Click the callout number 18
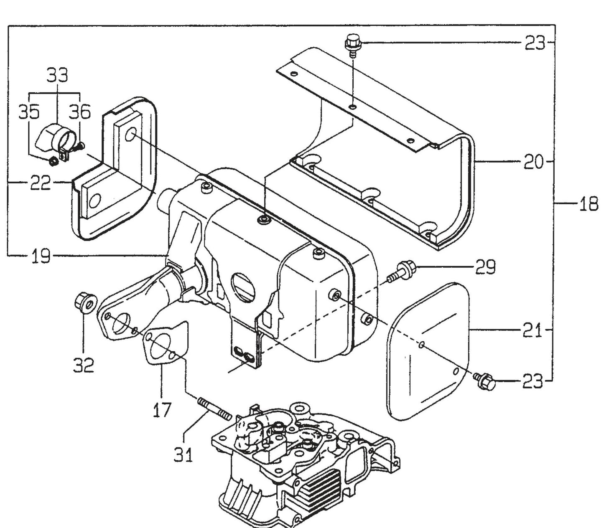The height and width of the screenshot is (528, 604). pyautogui.click(x=588, y=205)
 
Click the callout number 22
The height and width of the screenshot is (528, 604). pyautogui.click(x=41, y=183)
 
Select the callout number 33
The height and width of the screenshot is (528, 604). pyautogui.click(x=57, y=76)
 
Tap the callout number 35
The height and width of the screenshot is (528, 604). pyautogui.click(x=29, y=112)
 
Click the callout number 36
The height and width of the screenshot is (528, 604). pyautogui.click(x=79, y=112)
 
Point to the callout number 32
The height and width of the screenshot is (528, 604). pyautogui.click(x=83, y=366)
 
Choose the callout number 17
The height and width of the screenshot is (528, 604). pyautogui.click(x=161, y=409)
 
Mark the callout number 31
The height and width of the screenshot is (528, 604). pyautogui.click(x=183, y=454)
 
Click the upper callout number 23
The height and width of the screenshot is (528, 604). pyautogui.click(x=535, y=43)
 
